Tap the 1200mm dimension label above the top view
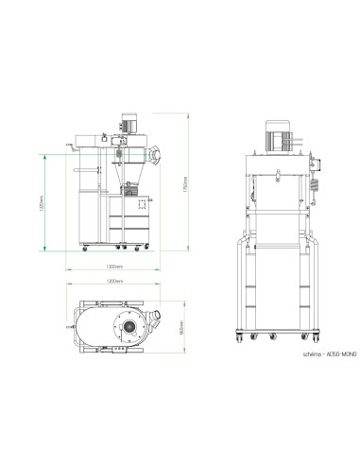[113, 283]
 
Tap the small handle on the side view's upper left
[69, 144]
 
